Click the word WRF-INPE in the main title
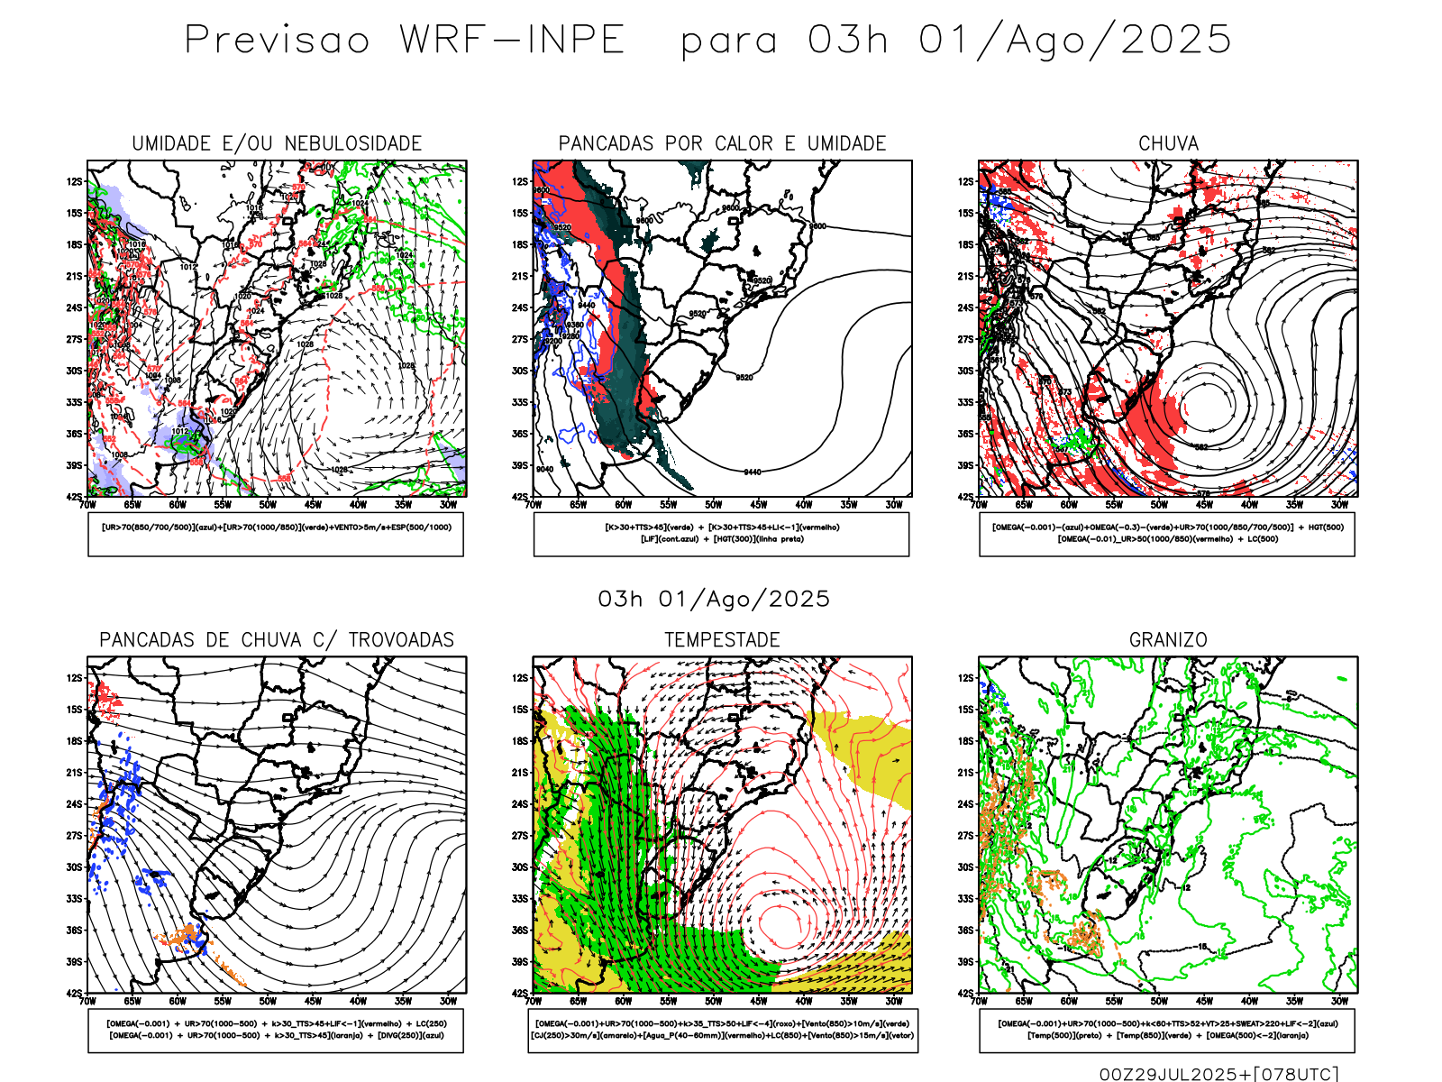click(512, 41)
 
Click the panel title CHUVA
click(1168, 143)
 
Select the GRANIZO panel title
click(1168, 640)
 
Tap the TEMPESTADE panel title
click(722, 640)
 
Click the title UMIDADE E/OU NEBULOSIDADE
click(277, 143)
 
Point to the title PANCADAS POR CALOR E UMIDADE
click(722, 143)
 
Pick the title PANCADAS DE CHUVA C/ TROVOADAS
click(277, 640)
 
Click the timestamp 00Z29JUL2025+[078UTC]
click(1218, 1074)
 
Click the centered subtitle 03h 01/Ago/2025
click(714, 600)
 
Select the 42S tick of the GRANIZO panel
click(966, 994)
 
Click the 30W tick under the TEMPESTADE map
click(894, 1001)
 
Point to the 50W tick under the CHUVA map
click(1159, 505)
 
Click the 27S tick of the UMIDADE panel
click(74, 340)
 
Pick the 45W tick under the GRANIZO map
click(1204, 1001)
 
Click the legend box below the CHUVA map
click(1167, 534)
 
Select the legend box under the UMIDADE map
click(276, 534)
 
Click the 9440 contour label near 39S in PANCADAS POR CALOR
click(752, 472)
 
